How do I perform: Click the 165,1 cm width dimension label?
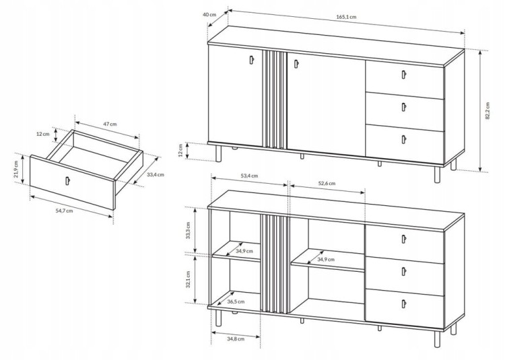pos(346,17)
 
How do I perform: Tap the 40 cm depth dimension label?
pos(209,15)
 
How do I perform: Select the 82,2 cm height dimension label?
pos(487,110)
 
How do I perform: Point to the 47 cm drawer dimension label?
pos(110,124)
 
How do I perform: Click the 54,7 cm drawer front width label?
pos(65,211)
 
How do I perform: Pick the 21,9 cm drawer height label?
pos(16,172)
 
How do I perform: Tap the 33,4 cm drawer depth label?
pos(156,175)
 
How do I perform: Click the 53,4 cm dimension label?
pos(249,176)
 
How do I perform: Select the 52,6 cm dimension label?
pos(327,184)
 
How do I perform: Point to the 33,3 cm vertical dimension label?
pos(188,230)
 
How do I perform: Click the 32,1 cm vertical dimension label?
pos(188,279)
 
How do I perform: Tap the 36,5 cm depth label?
pos(236,301)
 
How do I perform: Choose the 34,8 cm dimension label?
pos(236,338)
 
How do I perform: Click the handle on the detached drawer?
pos(67,181)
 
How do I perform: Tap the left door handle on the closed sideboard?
pos(252,60)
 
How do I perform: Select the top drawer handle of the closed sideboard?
pos(403,74)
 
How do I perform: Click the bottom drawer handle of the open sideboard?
pos(403,303)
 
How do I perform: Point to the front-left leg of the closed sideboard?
pos(218,154)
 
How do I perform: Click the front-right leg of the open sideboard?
pos(437,338)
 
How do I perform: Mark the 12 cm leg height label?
pos(180,150)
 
